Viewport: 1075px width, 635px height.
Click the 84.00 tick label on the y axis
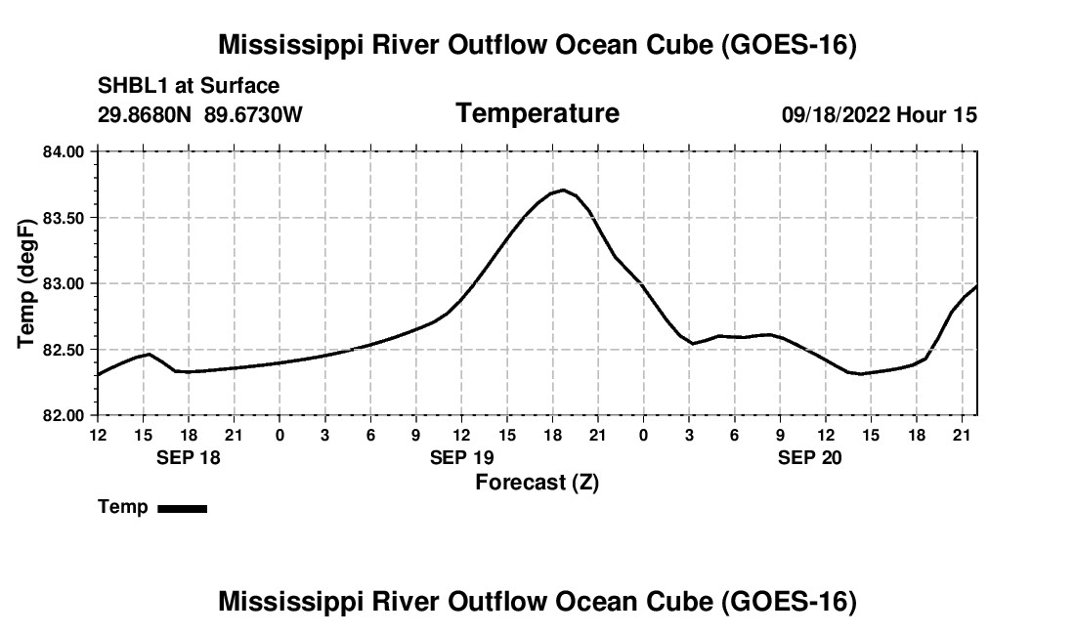(x=63, y=151)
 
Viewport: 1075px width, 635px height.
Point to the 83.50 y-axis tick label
(x=63, y=218)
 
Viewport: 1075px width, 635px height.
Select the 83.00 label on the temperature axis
(x=63, y=283)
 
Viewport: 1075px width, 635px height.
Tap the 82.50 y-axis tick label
(x=63, y=350)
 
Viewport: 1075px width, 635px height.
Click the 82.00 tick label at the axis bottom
(x=63, y=415)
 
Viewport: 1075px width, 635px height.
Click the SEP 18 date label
(x=189, y=457)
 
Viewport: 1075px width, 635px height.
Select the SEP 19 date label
(x=462, y=457)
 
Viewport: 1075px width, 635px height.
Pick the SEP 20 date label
(x=810, y=457)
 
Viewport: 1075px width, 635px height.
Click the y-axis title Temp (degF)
(x=26, y=283)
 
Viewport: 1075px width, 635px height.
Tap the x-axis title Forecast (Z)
(x=537, y=483)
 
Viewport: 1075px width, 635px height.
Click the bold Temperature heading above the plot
(x=537, y=113)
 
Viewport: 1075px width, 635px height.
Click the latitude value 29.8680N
(x=145, y=114)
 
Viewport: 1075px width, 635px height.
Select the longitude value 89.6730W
(x=253, y=114)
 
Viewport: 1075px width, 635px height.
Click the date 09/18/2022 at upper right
(x=836, y=114)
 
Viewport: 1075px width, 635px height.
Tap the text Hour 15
(x=936, y=114)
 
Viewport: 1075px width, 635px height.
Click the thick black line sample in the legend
(x=183, y=508)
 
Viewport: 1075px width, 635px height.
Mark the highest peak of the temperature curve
(x=563, y=190)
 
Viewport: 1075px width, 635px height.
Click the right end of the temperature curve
(x=977, y=285)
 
